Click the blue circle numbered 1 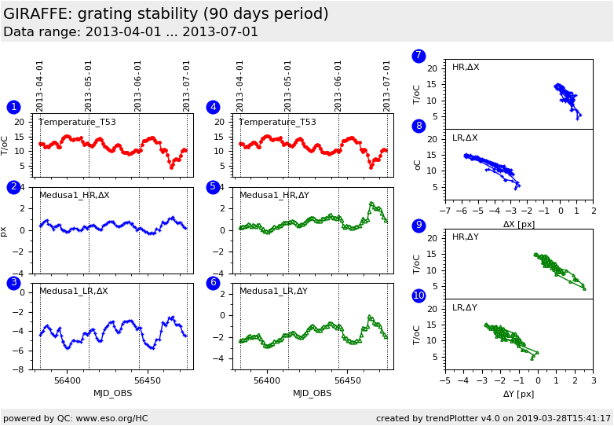tap(13, 107)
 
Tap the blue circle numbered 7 tap(418, 56)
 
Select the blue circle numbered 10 tap(418, 296)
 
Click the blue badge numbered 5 tap(213, 187)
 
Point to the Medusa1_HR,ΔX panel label tap(75, 195)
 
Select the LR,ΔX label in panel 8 tap(466, 138)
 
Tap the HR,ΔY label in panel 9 tap(466, 237)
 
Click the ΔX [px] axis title tap(518, 224)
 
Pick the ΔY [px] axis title tap(518, 394)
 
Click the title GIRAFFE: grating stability tap(166, 14)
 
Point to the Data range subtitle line tap(130, 32)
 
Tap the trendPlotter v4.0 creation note tap(493, 418)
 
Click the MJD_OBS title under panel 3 tap(113, 393)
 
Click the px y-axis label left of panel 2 tap(5, 231)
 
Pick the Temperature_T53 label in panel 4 tap(277, 122)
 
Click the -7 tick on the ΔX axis tap(444, 211)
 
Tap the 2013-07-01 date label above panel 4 tap(387, 86)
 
